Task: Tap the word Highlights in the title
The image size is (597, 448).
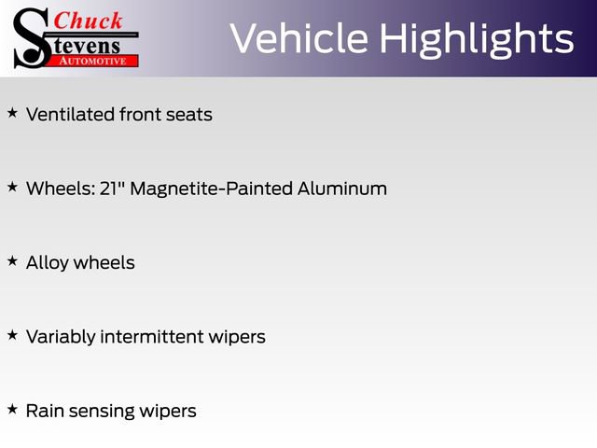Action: tap(476, 39)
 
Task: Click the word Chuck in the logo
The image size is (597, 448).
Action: tap(88, 20)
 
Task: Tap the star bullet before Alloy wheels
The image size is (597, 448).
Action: tap(12, 261)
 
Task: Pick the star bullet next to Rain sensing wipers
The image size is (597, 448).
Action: tap(12, 409)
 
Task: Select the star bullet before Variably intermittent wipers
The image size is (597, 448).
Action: tap(12, 335)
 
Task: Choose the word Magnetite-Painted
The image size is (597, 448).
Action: tap(212, 189)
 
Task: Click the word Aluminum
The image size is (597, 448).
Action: tap(342, 189)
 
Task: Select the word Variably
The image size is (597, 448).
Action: tap(62, 337)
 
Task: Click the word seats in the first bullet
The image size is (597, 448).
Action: tap(189, 115)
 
